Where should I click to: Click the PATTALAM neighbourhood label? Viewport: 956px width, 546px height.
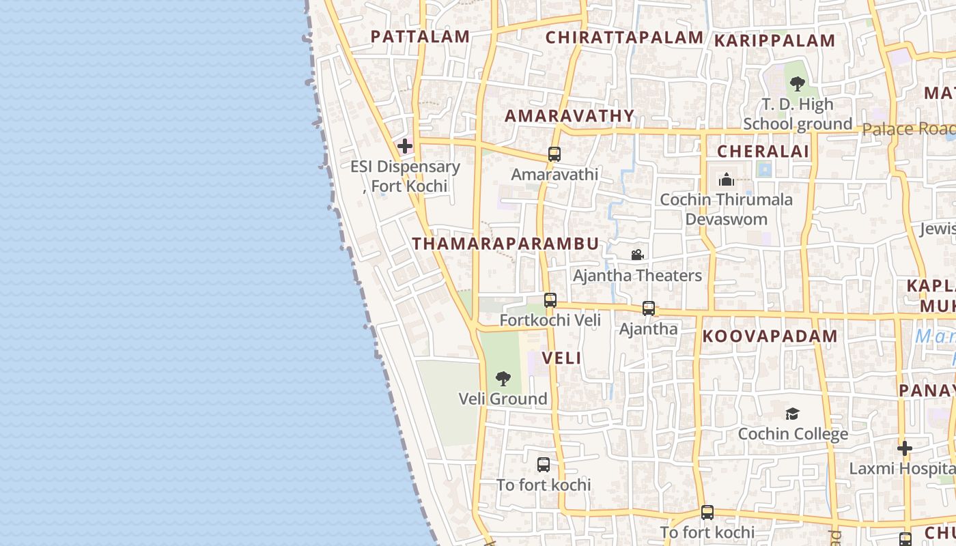[x=420, y=37]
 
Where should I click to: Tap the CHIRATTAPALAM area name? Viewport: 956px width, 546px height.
[x=624, y=38]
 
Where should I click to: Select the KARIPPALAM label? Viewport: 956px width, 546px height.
[x=774, y=41]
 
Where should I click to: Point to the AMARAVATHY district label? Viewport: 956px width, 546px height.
[x=570, y=116]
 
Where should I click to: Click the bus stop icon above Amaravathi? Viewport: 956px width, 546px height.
[x=554, y=154]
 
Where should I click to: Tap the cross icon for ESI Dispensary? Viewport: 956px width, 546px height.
[x=405, y=146]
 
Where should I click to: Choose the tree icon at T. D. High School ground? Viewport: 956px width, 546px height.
[x=796, y=84]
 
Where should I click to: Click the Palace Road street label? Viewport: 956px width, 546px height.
[x=908, y=129]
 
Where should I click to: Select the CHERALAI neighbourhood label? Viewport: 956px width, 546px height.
[x=763, y=152]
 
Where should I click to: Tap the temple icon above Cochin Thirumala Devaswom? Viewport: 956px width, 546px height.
[x=726, y=180]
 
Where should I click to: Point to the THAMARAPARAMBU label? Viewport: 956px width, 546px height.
[x=505, y=244]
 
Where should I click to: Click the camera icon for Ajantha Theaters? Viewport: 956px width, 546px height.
[x=637, y=255]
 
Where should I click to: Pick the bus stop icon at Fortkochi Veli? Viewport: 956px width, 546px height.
[x=550, y=300]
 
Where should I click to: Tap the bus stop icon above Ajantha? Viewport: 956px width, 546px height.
[x=649, y=308]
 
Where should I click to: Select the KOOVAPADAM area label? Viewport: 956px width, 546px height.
[x=770, y=336]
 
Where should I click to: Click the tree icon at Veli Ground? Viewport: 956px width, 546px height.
[x=503, y=378]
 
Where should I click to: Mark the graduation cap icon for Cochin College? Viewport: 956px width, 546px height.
[x=792, y=414]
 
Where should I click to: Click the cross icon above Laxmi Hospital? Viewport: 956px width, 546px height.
[x=905, y=448]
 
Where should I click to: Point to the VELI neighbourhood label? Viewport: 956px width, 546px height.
[x=561, y=358]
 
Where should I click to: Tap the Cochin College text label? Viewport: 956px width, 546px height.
[x=793, y=433]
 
